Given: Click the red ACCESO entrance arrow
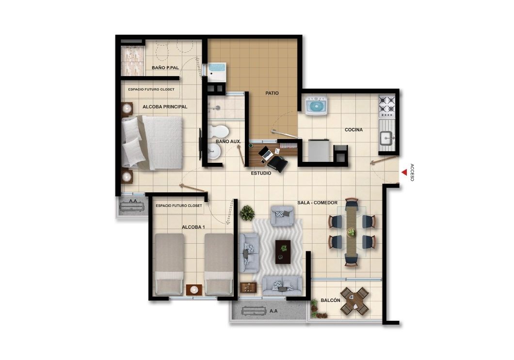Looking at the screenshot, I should tap(403, 172).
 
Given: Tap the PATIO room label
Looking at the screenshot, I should tap(272, 93).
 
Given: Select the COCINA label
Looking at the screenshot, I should tap(353, 130).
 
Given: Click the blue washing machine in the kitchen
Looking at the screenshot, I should tap(316, 106).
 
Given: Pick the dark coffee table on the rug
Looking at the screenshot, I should tap(283, 251).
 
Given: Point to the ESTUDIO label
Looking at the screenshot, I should tap(261, 173).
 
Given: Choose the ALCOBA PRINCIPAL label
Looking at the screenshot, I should tap(165, 107).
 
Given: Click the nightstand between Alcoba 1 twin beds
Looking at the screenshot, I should tap(193, 289).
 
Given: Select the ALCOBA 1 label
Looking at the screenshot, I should tap(193, 227).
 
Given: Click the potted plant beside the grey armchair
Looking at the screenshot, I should tap(247, 213).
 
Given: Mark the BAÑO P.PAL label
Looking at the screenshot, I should tap(165, 68).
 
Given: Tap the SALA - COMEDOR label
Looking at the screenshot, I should tap(317, 203).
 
